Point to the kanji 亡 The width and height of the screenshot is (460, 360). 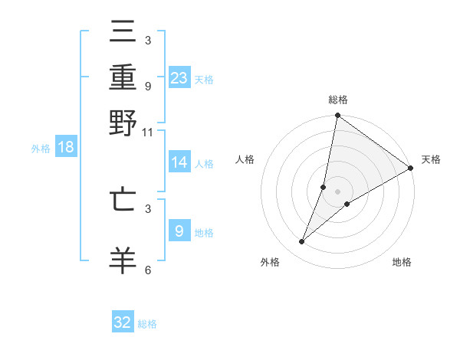[x=123, y=200]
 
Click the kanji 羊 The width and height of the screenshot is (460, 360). [x=123, y=260]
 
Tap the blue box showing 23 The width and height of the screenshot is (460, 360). [x=179, y=78]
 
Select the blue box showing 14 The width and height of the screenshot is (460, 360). [x=179, y=162]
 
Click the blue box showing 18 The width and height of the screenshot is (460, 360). [x=65, y=148]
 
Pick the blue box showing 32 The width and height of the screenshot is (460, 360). [x=123, y=322]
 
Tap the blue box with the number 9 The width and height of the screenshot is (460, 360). [x=179, y=231]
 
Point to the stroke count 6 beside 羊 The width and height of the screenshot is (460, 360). [x=148, y=270]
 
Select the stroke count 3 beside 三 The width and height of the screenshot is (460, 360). [x=148, y=40]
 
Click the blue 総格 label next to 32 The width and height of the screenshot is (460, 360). [x=147, y=324]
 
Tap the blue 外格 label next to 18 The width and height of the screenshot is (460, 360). [x=40, y=149]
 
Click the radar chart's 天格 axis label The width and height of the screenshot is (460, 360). [x=431, y=159]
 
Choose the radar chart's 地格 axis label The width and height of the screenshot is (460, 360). [x=402, y=263]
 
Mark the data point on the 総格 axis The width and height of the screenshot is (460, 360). [x=337, y=116]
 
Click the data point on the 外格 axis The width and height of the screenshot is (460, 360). [x=302, y=242]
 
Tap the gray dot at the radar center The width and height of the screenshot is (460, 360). [x=337, y=191]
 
